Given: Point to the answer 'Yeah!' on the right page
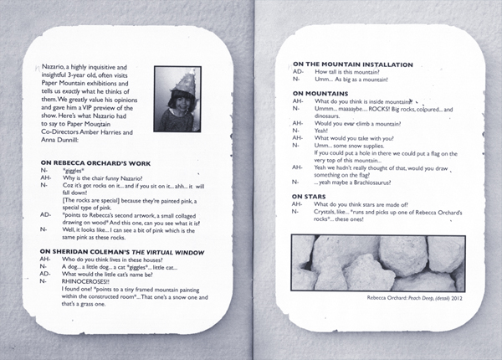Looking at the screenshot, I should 322,131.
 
